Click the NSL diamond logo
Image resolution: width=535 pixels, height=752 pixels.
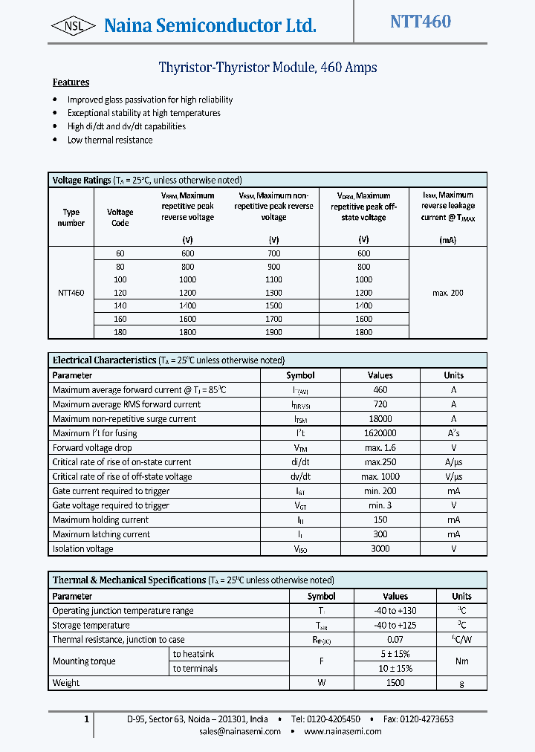click(73, 26)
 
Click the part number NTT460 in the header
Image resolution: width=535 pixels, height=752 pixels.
click(421, 22)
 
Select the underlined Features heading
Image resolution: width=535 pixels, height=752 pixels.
click(71, 82)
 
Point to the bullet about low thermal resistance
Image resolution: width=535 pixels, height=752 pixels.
click(109, 140)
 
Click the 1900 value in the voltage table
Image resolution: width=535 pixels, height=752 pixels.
click(273, 332)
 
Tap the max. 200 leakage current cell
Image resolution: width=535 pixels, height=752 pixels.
click(447, 293)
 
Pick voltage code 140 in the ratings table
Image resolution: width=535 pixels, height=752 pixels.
click(120, 305)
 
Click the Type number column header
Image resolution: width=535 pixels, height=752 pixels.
click(71, 217)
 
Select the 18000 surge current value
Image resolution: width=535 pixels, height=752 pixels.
click(380, 419)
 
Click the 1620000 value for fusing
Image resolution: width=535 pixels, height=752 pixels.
click(380, 433)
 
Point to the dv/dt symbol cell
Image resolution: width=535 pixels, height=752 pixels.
click(300, 477)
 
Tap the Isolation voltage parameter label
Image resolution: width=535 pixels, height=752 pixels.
click(82, 549)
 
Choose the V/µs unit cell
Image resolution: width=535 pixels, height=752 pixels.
click(453, 477)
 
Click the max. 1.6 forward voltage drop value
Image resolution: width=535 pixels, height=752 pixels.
click(380, 448)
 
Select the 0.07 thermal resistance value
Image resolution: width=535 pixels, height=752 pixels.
click(395, 640)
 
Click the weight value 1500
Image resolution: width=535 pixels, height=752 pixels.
click(395, 683)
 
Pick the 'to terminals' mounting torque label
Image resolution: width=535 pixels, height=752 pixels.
click(195, 669)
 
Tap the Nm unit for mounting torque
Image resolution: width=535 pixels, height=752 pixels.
click(461, 661)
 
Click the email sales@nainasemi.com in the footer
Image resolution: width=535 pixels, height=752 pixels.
click(240, 731)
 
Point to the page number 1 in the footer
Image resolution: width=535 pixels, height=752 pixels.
click(86, 719)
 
